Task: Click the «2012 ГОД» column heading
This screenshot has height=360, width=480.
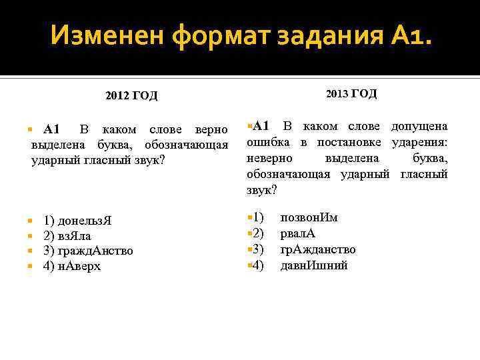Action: pyautogui.click(x=131, y=96)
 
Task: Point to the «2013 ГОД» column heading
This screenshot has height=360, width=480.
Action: pyautogui.click(x=351, y=94)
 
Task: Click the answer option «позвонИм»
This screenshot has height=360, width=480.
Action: pyautogui.click(x=309, y=217)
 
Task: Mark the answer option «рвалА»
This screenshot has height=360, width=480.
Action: pyautogui.click(x=298, y=233)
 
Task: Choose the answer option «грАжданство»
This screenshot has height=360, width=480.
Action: pyautogui.click(x=317, y=249)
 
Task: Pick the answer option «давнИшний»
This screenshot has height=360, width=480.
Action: pyautogui.click(x=313, y=265)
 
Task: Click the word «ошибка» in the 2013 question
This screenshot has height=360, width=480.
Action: pyautogui.click(x=267, y=142)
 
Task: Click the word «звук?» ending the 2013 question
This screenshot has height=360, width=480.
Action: pyautogui.click(x=261, y=190)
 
